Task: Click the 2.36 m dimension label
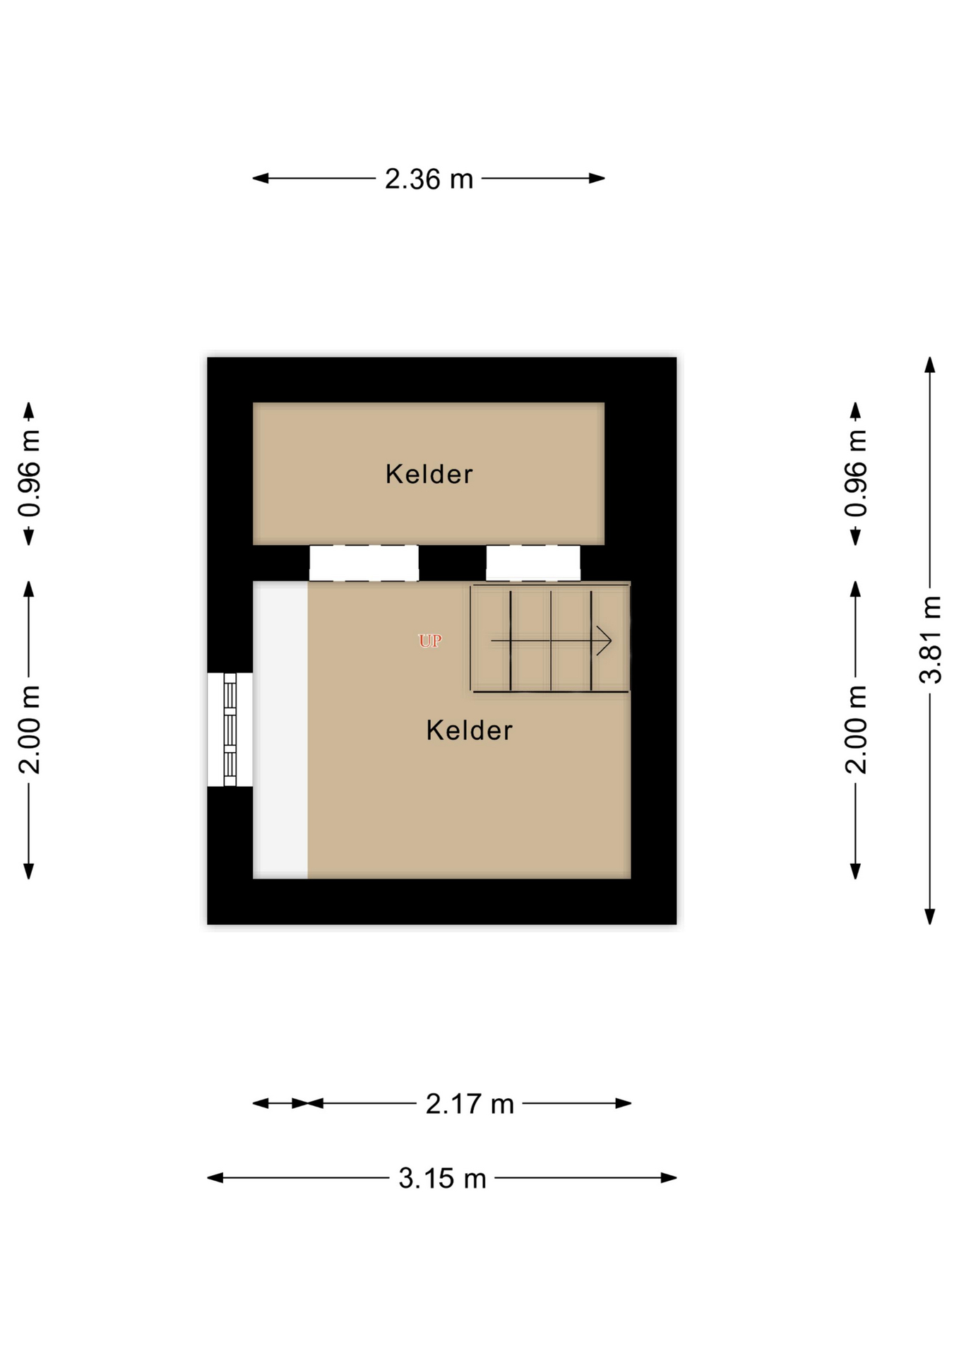(429, 179)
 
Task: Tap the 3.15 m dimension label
(442, 1179)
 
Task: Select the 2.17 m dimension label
(470, 1104)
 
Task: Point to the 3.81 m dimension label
(931, 640)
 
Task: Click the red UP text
(430, 641)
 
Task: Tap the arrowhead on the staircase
(604, 641)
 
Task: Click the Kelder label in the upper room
(429, 474)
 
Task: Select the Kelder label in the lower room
(470, 730)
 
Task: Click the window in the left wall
(230, 730)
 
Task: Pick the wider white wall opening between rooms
(364, 563)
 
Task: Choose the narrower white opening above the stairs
(533, 563)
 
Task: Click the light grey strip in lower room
(280, 730)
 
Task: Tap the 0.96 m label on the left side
(30, 474)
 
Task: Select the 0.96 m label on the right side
(856, 474)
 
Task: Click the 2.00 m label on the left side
(30, 730)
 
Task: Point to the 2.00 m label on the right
(856, 730)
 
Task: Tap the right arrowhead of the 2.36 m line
(597, 179)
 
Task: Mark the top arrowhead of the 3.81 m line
(930, 365)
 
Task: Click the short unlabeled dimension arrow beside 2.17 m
(280, 1103)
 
